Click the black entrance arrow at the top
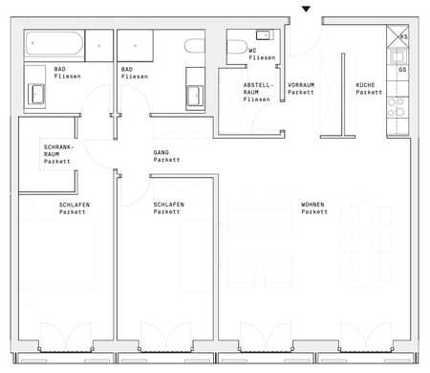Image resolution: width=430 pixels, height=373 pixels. [306, 9]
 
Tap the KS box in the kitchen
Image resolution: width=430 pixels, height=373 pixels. [402, 36]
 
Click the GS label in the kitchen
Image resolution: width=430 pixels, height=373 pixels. [402, 70]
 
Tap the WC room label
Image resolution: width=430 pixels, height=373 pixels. [252, 50]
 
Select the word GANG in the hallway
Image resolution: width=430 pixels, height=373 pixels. [161, 153]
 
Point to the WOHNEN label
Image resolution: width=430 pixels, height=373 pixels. [313, 205]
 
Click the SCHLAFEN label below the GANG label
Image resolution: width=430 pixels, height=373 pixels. [168, 205]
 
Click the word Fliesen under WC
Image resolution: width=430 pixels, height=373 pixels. [262, 57]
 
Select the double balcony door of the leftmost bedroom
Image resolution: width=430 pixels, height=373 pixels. [66, 340]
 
